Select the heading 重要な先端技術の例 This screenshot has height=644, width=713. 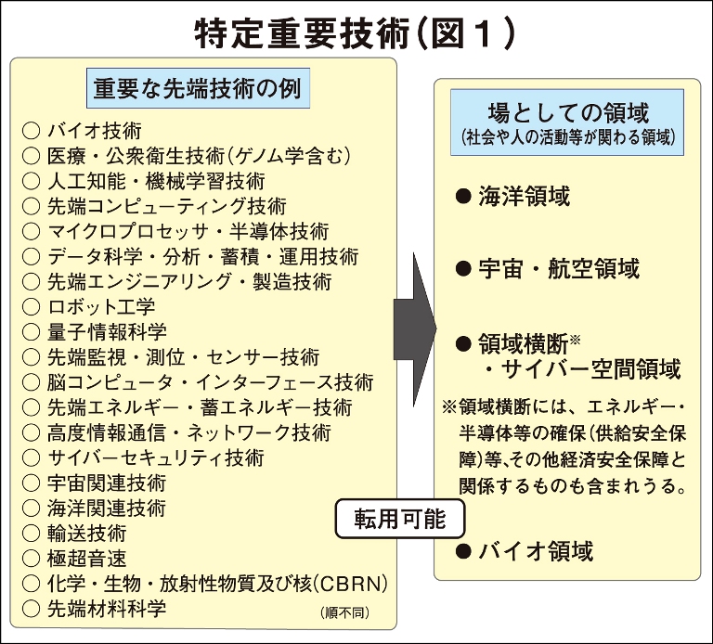coord(201,89)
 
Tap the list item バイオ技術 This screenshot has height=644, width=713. coord(94,130)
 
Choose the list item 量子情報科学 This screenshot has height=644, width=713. coord(107,331)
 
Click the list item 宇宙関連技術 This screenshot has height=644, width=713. coord(107,483)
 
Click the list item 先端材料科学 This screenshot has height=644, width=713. coord(107,609)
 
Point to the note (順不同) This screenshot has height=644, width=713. coord(347,612)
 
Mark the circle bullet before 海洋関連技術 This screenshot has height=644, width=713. coord(31,509)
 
